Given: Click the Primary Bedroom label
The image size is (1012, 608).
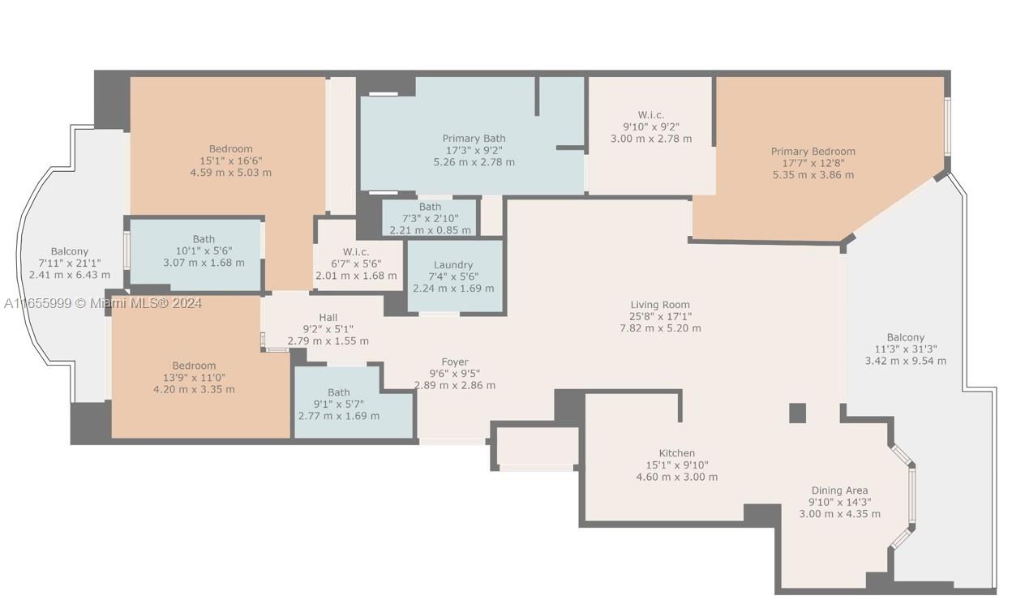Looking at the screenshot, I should point(813,152).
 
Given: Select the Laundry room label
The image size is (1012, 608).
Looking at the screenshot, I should point(453,265).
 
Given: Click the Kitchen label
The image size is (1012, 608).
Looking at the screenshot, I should point(676,453).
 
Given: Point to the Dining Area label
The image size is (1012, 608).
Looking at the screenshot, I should point(839,490).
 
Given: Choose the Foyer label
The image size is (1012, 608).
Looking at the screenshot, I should point(454,362).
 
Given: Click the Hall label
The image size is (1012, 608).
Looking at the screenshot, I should point(328,317).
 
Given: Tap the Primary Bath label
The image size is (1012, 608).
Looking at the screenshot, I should point(474,139).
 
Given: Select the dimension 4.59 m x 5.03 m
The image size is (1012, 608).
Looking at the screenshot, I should point(230,173).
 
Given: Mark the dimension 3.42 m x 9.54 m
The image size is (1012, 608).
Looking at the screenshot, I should point(905,361).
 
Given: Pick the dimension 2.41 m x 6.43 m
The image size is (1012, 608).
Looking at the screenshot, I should point(69,275).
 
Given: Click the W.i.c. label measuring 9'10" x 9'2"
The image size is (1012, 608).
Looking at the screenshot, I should point(650,115).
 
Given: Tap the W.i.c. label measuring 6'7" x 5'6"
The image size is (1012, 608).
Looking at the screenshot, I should point(356,251).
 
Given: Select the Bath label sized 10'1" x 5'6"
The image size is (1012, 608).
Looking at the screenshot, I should point(204,239).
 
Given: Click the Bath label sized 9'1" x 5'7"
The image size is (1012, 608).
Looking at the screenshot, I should point(338,393).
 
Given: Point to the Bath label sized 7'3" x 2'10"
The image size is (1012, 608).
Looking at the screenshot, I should point(430,208).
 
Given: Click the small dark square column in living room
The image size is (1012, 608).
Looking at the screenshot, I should point(797,413).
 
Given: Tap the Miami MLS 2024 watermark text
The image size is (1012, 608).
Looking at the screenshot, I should point(103,303).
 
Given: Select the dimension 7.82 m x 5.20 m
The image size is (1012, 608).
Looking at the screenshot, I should point(660,328).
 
